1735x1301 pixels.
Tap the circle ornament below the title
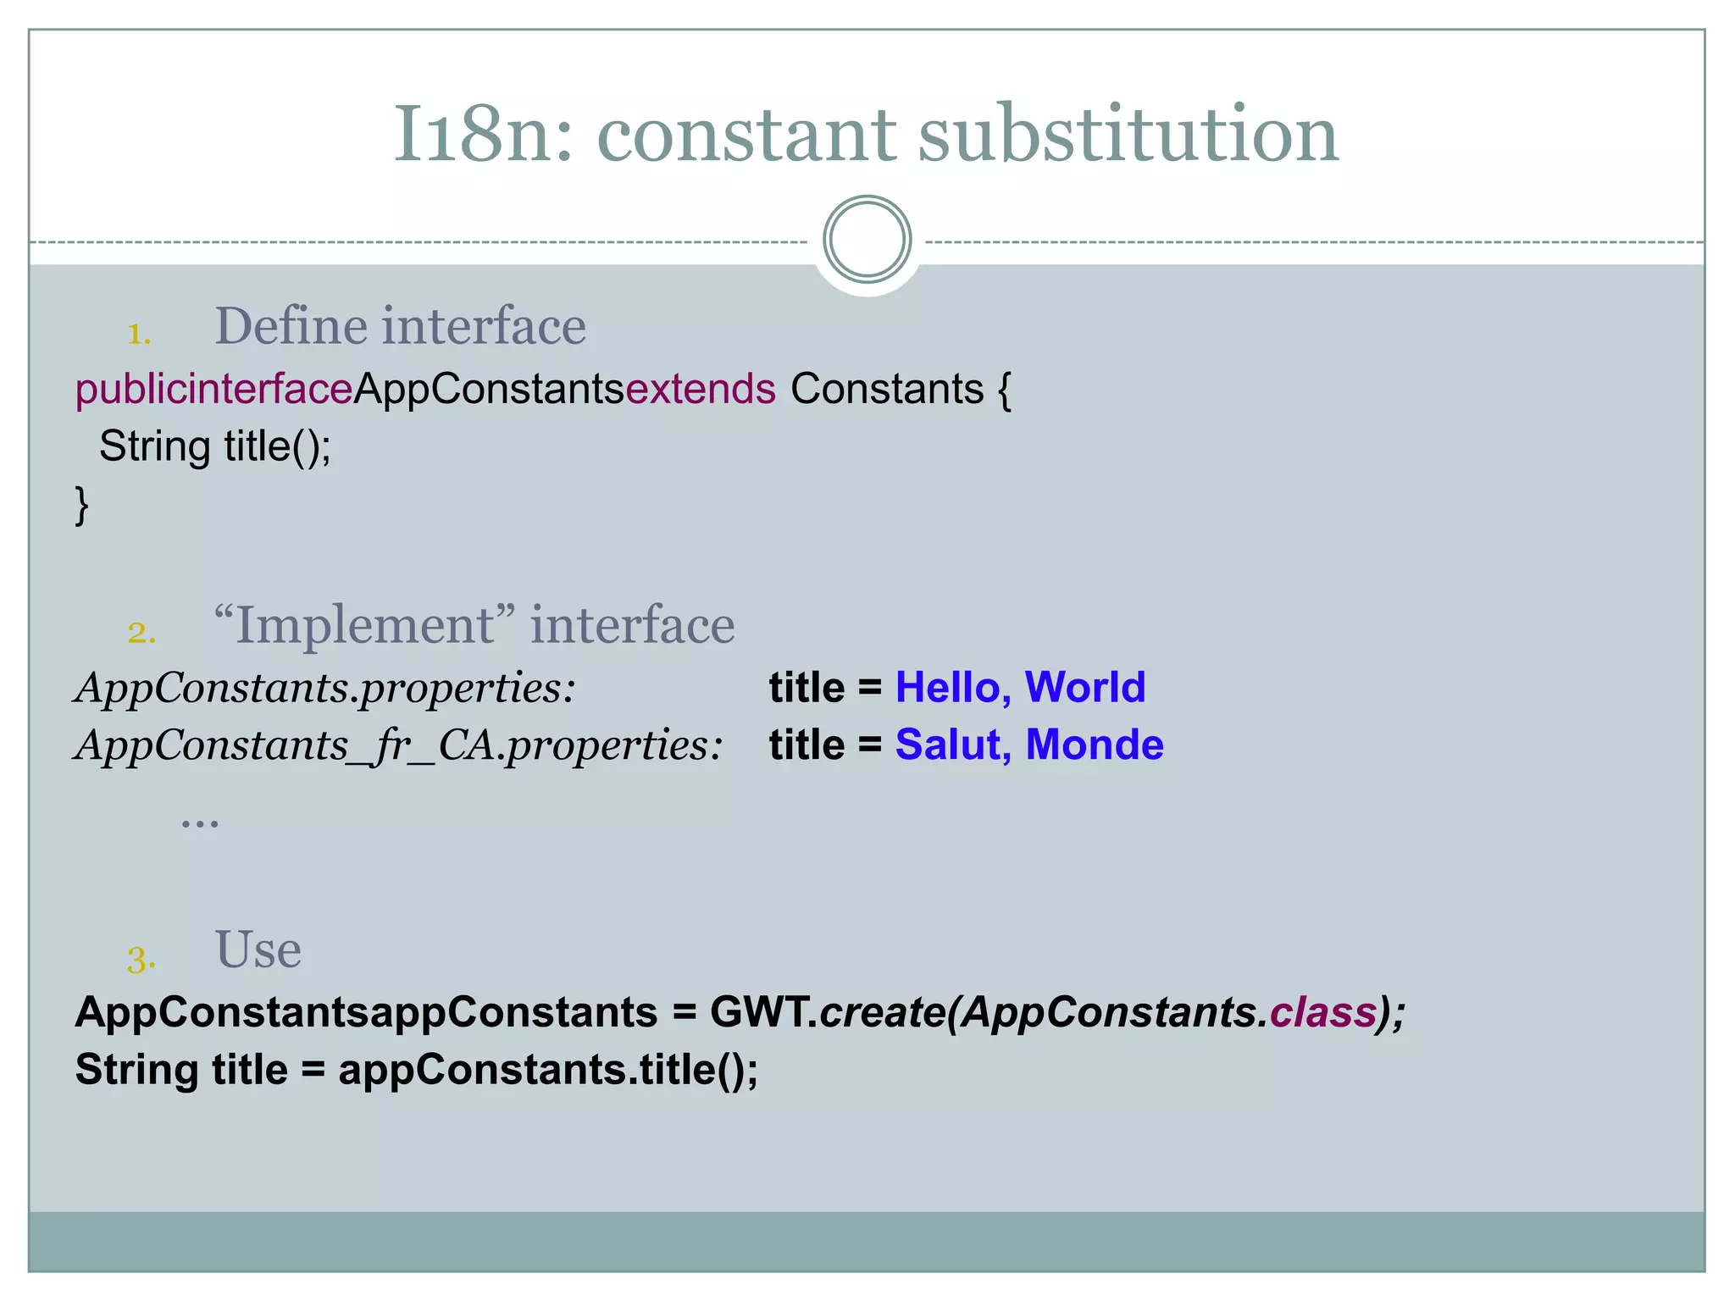pos(867,240)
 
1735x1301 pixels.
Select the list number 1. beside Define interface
pos(139,333)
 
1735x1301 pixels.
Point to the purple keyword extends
pos(700,390)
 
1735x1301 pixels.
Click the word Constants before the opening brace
pos(886,390)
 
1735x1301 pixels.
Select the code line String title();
pos(215,446)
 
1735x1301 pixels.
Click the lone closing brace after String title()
pos(82,505)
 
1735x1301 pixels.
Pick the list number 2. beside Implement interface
pos(141,632)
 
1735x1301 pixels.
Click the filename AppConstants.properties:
pos(325,687)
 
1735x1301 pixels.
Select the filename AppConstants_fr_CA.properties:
pos(398,745)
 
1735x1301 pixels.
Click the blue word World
pos(1084,687)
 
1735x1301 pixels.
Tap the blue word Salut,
pos(953,745)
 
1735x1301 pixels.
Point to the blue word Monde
pos(1094,745)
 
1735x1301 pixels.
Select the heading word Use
pos(258,949)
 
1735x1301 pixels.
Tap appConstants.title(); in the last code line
pos(548,1070)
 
